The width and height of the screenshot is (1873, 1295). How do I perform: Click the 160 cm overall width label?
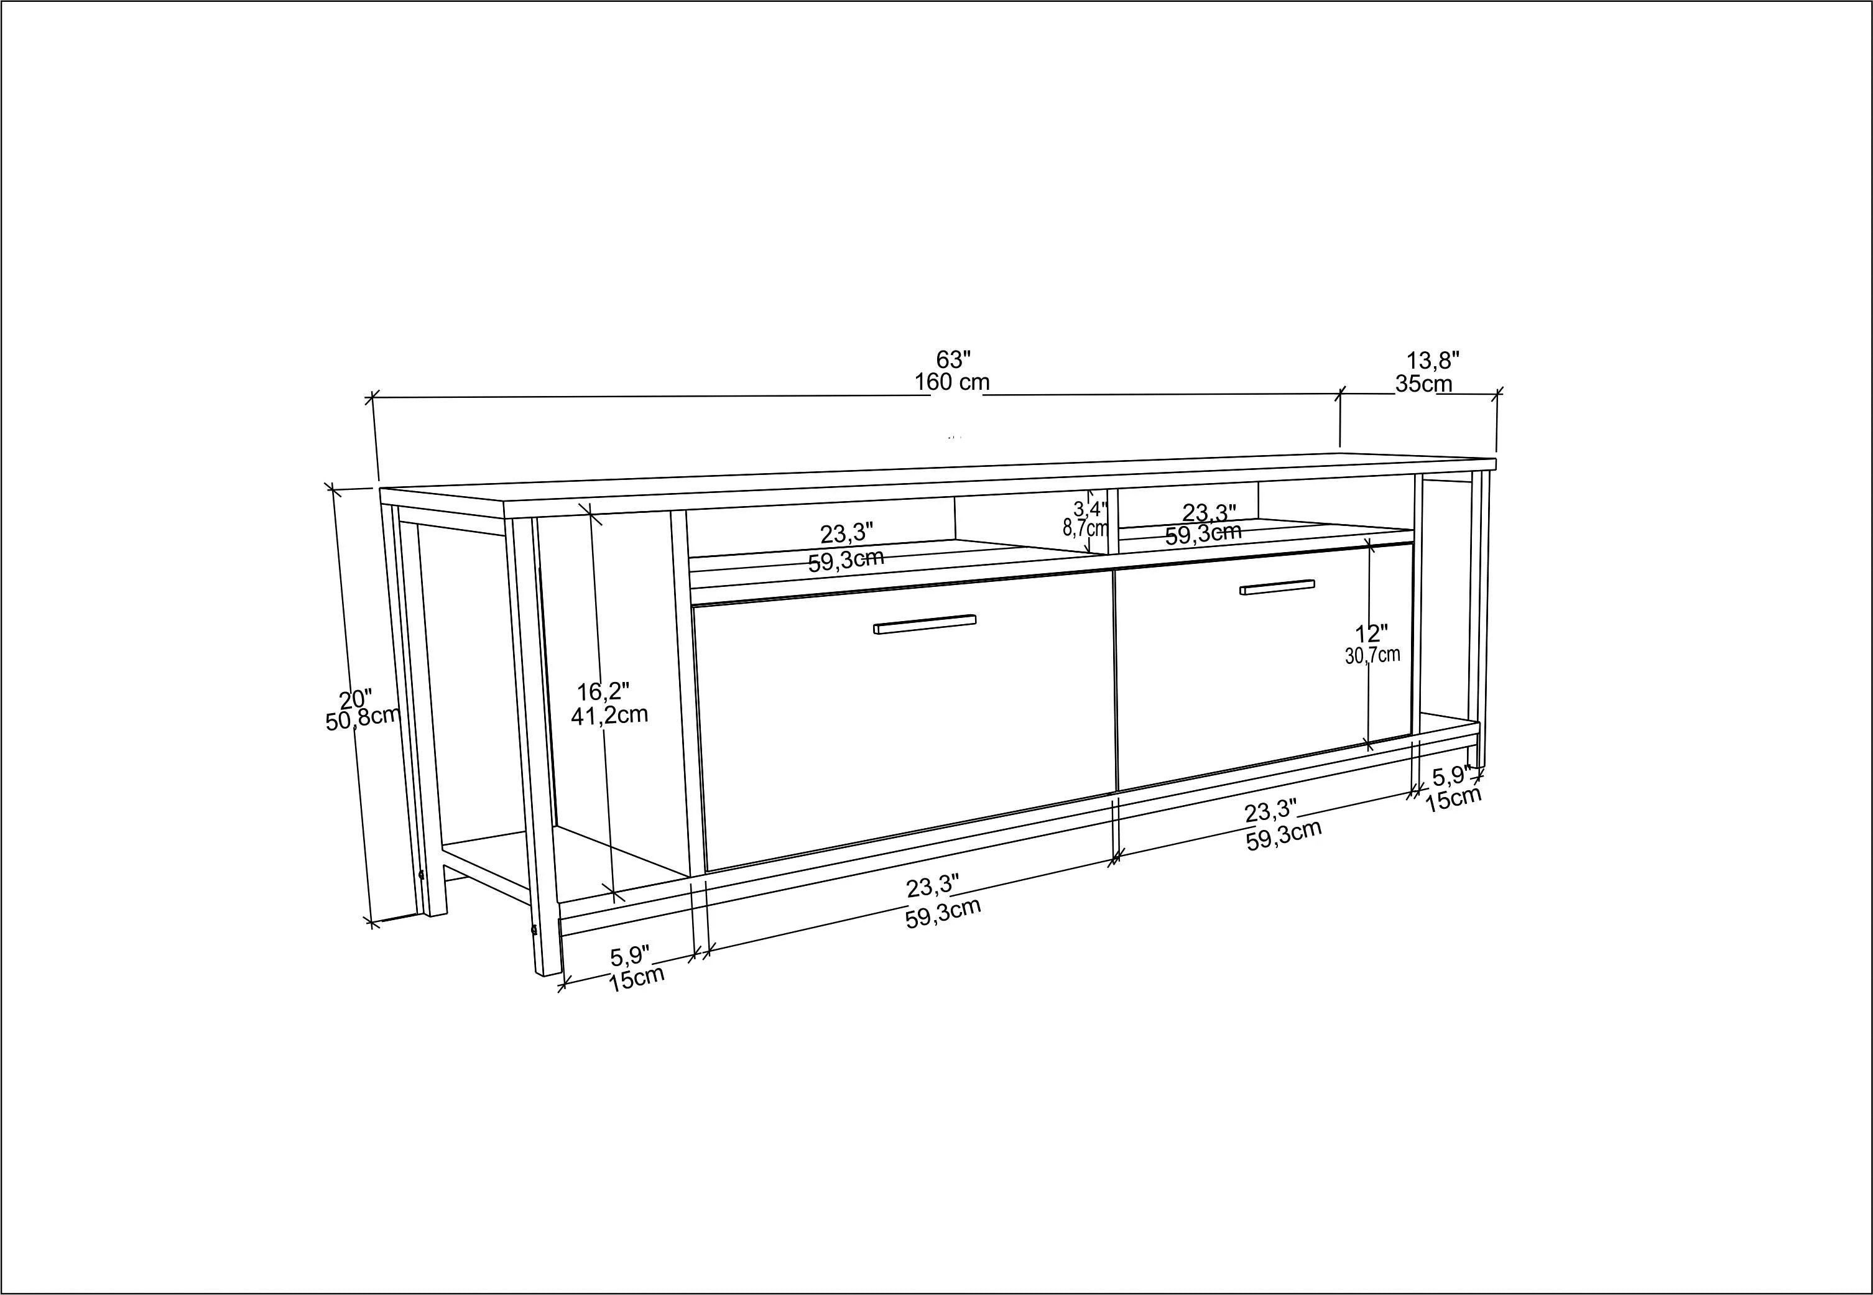pyautogui.click(x=952, y=382)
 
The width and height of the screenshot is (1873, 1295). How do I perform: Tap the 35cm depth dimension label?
pyautogui.click(x=1423, y=384)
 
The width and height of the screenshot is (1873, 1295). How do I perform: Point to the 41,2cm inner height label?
pyautogui.click(x=609, y=715)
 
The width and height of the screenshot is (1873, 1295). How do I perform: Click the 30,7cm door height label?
pyautogui.click(x=1372, y=656)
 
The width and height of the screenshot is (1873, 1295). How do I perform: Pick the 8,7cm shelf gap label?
pyautogui.click(x=1085, y=528)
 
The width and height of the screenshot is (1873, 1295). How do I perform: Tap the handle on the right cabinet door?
pyautogui.click(x=1277, y=587)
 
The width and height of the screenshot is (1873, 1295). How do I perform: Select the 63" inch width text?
pyautogui.click(x=953, y=359)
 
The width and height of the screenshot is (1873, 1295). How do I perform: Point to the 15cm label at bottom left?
pyautogui.click(x=637, y=979)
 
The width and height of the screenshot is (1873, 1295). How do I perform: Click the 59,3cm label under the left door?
pyautogui.click(x=943, y=912)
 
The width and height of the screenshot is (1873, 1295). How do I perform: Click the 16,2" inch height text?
pyautogui.click(x=603, y=692)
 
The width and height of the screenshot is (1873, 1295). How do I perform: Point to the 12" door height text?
pyautogui.click(x=1371, y=634)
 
